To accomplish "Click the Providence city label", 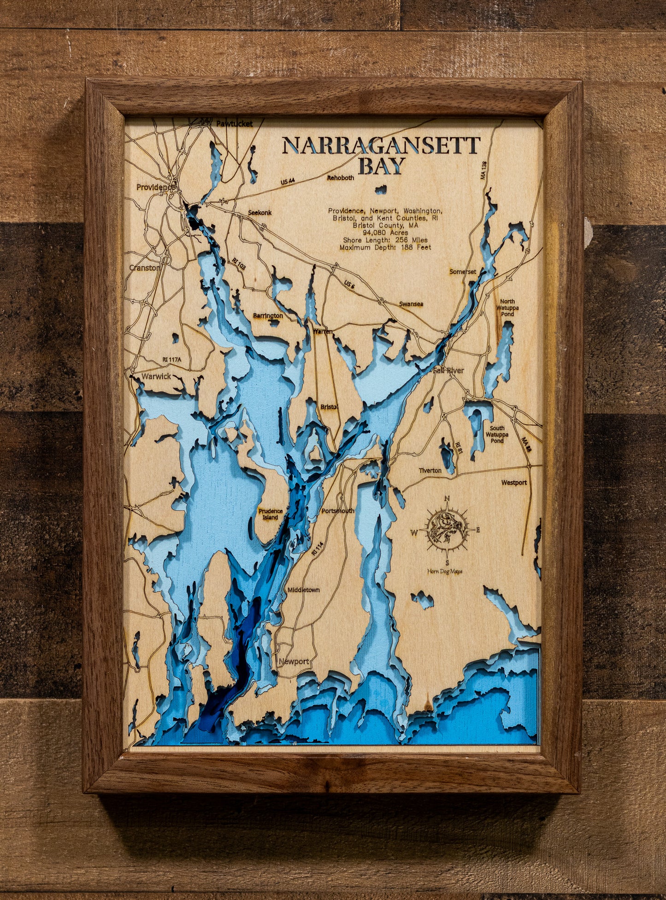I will [x=155, y=187].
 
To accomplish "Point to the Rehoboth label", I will [x=341, y=178].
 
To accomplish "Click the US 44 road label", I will [x=288, y=181].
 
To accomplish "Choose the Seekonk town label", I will [x=260, y=213].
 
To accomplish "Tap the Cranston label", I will [x=144, y=268].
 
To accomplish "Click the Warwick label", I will [x=156, y=376].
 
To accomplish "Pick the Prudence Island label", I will [x=271, y=514].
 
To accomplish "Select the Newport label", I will [x=294, y=661].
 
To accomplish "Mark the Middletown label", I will [x=303, y=590].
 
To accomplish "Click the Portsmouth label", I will [x=338, y=511].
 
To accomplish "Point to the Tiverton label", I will [x=430, y=470].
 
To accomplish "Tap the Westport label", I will [x=514, y=483].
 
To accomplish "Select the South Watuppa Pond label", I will [x=497, y=434].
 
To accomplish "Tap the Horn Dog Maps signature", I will [x=445, y=572].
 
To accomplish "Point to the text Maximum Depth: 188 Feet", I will [x=385, y=247].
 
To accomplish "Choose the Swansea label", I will [x=411, y=304].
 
